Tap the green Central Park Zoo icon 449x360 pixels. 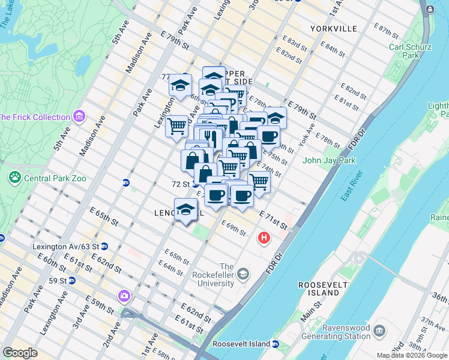[x=14, y=178]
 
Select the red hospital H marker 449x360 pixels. [x=264, y=239]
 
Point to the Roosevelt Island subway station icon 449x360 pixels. [x=276, y=344]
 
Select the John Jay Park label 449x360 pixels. [x=329, y=160]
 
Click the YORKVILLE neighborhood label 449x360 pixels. [x=334, y=29]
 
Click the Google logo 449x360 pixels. [x=20, y=353]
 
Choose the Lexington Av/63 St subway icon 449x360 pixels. [x=104, y=246]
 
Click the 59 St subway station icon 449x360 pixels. [x=71, y=280]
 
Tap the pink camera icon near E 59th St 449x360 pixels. [x=124, y=296]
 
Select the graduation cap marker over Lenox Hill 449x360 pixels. [x=185, y=210]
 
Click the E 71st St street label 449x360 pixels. [x=273, y=220]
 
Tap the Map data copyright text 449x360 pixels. [x=412, y=355]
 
